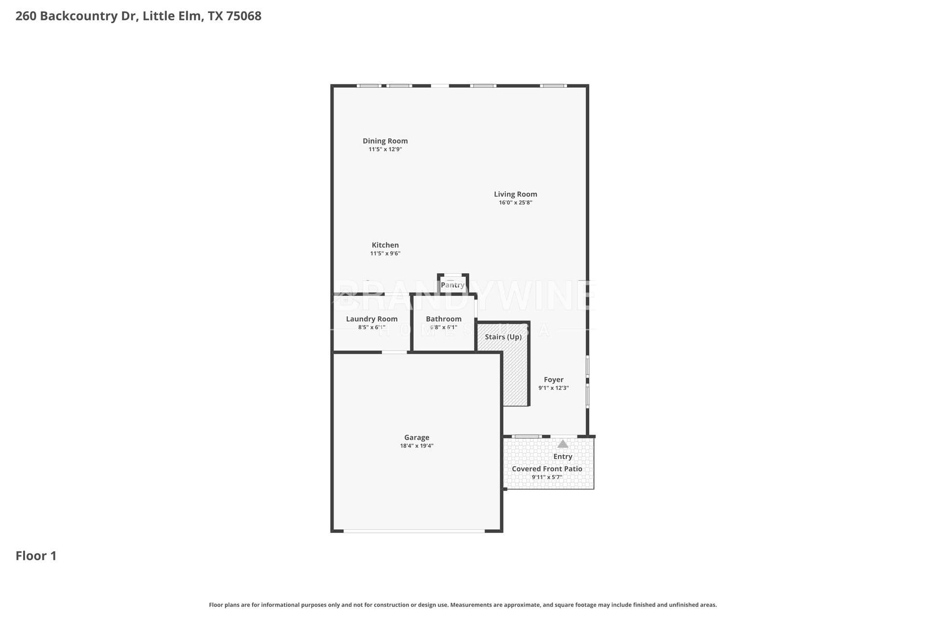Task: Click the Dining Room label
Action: click(x=385, y=141)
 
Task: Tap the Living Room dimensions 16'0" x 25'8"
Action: click(x=515, y=202)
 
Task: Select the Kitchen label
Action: click(x=385, y=245)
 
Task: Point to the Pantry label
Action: click(x=452, y=285)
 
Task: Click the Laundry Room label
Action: click(x=371, y=319)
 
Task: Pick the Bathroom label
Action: click(x=443, y=319)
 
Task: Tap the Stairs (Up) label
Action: click(x=503, y=336)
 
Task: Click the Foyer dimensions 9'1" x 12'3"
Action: click(x=553, y=388)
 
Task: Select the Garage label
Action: click(x=416, y=438)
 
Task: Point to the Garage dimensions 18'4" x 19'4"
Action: click(x=416, y=446)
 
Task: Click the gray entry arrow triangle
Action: click(x=562, y=443)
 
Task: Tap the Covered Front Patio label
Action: click(x=546, y=469)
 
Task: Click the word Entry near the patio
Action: click(x=562, y=456)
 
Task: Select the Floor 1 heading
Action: click(x=36, y=556)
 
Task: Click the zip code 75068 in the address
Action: click(x=244, y=16)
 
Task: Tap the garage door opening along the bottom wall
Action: click(x=414, y=531)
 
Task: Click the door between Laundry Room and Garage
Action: click(x=394, y=352)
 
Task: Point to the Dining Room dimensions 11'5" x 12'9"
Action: click(x=385, y=149)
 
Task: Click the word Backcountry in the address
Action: click(x=79, y=16)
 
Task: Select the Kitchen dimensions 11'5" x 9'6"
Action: click(x=385, y=254)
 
